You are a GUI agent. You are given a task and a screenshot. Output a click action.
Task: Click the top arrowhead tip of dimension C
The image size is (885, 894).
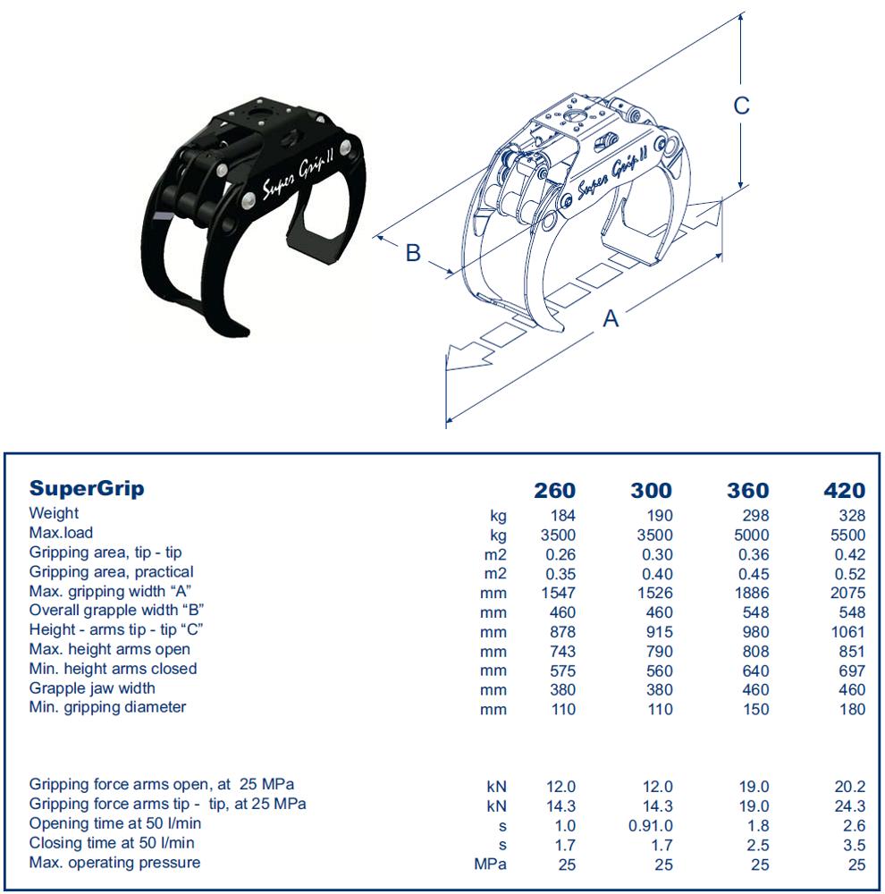(740, 13)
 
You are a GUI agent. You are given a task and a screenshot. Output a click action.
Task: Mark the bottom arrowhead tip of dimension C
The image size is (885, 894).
(740, 188)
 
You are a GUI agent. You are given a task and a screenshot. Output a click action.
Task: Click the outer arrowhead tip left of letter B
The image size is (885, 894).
(374, 235)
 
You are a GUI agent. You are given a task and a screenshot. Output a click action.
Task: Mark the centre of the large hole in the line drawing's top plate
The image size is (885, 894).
(571, 116)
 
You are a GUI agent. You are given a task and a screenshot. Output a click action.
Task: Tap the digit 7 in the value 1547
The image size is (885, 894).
(570, 593)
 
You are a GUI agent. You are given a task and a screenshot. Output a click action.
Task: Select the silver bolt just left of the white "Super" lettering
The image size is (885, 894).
(249, 200)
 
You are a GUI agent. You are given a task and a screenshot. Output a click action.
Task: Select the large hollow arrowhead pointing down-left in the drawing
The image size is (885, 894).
(468, 358)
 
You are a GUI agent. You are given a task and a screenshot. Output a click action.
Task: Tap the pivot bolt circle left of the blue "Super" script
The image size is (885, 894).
(567, 200)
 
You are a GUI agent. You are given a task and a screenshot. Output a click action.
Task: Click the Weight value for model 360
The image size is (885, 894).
(755, 516)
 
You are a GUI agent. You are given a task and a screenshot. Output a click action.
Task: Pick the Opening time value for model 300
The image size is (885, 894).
(650, 825)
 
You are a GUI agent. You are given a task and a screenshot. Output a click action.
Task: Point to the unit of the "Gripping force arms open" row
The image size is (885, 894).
(496, 787)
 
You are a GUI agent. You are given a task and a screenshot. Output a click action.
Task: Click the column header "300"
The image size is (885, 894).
(651, 490)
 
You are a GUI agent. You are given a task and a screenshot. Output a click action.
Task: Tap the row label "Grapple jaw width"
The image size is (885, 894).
(92, 688)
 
